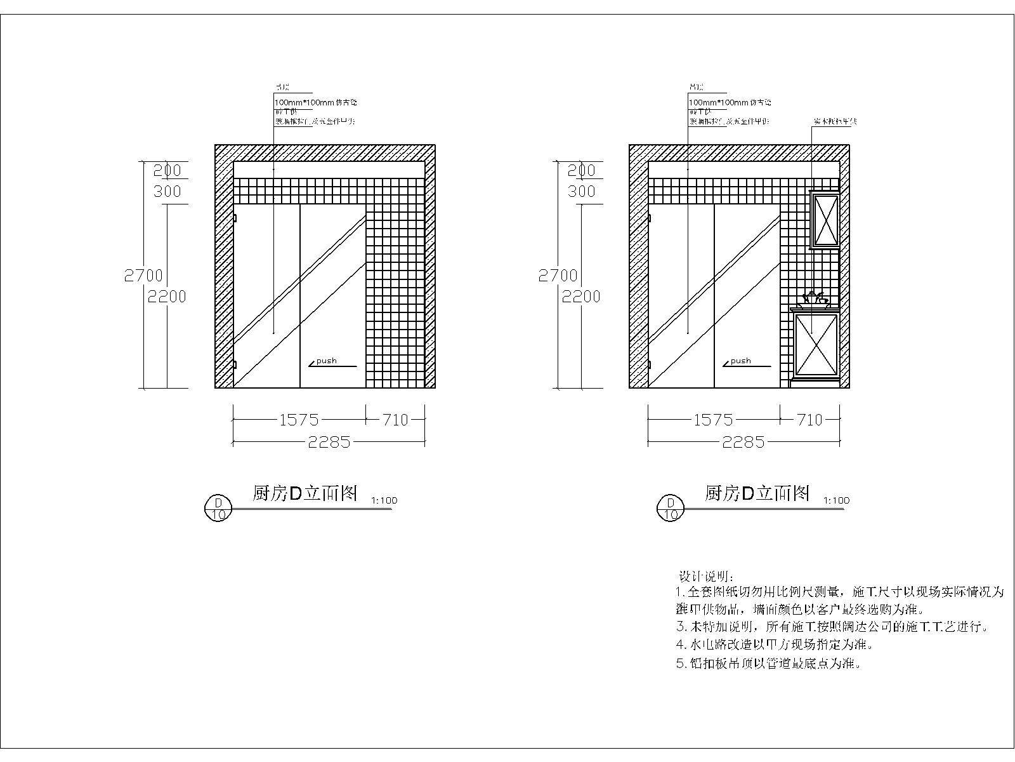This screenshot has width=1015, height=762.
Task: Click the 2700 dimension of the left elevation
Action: click(143, 276)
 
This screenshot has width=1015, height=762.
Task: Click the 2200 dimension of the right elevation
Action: click(581, 297)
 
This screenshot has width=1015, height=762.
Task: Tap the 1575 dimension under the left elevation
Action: click(299, 420)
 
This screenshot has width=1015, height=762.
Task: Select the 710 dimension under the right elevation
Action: click(809, 420)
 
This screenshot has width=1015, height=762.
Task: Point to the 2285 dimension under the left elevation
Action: click(329, 442)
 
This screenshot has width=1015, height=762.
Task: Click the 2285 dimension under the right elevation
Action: click(743, 442)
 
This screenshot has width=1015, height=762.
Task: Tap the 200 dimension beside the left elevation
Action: click(167, 170)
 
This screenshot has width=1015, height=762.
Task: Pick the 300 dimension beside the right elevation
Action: click(582, 191)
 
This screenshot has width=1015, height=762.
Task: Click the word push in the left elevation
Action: click(327, 361)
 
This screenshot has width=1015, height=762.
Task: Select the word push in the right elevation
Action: click(740, 361)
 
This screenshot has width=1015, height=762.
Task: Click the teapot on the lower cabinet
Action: click(813, 298)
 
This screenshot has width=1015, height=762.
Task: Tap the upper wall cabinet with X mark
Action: click(825, 220)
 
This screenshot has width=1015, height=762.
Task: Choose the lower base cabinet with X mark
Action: click(817, 344)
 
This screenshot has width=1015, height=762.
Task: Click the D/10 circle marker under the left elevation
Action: click(218, 508)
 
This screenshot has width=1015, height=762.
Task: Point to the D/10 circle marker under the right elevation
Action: click(671, 508)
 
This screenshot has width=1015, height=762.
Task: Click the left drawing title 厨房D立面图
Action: click(305, 493)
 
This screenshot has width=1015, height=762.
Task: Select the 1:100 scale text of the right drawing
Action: click(836, 500)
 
